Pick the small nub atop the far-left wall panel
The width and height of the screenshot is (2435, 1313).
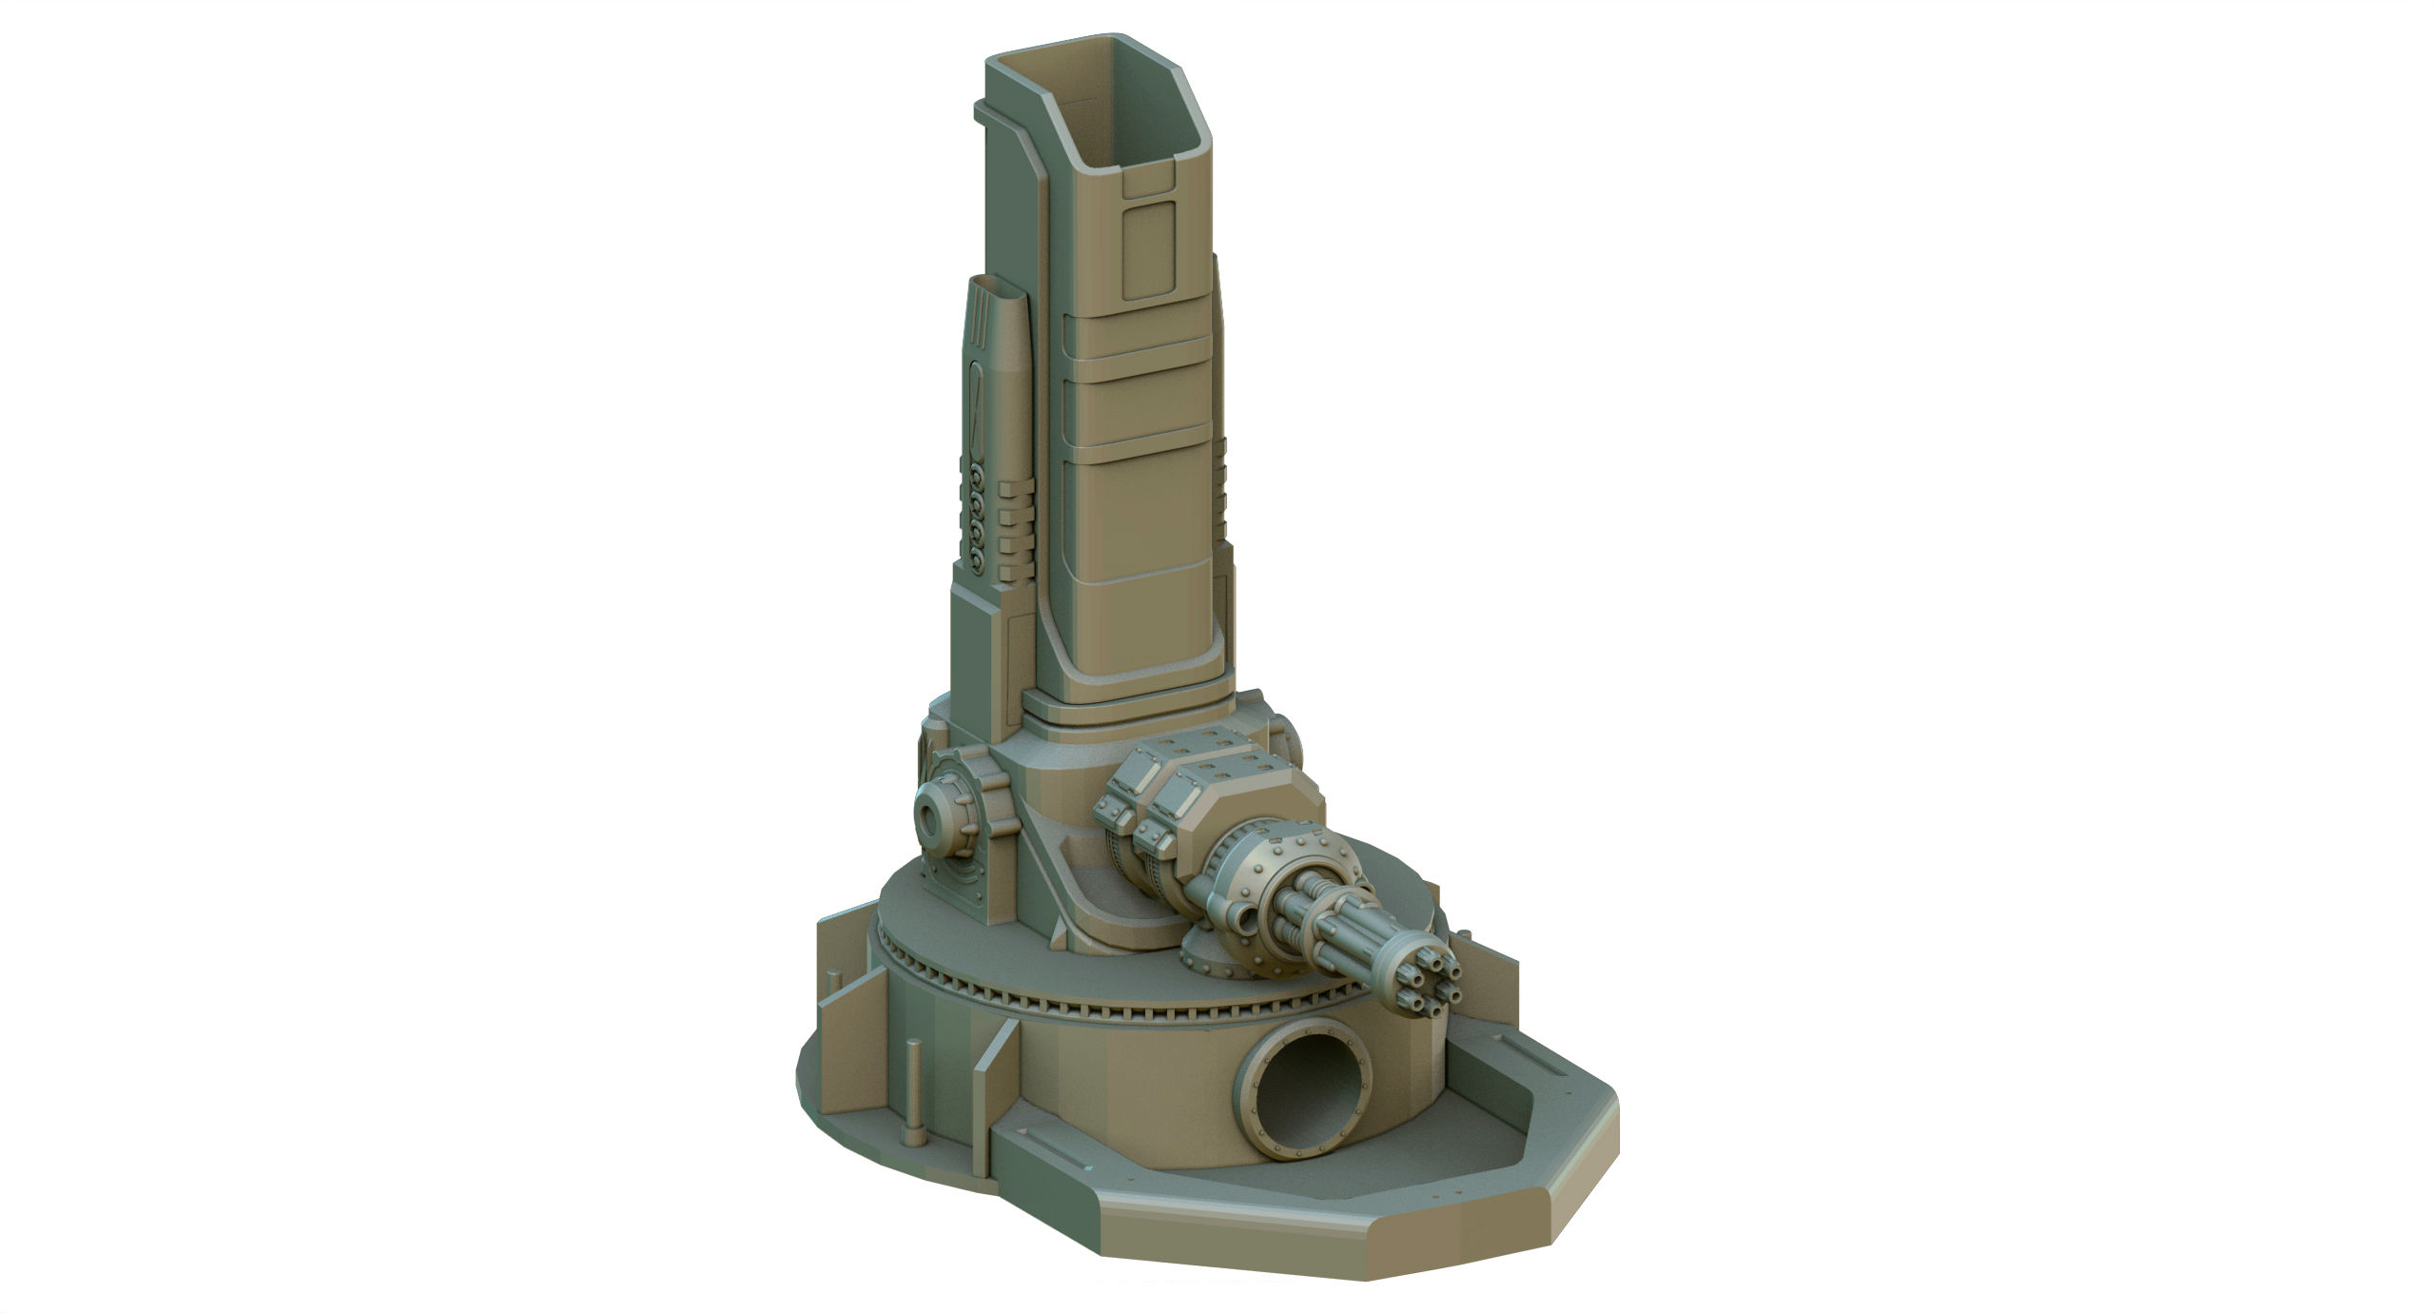click(836, 977)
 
